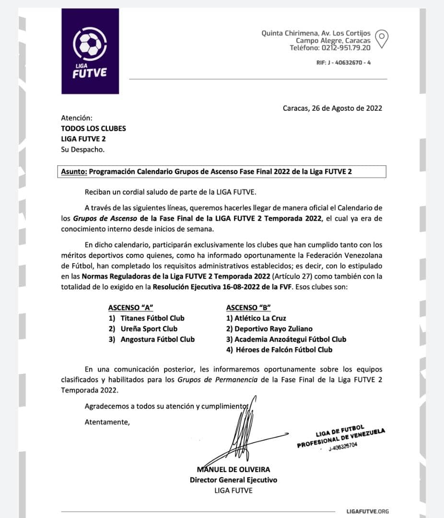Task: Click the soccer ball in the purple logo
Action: (x=90, y=45)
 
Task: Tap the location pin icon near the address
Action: (x=381, y=39)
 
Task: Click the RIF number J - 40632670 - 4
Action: (x=343, y=63)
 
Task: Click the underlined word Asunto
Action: (x=74, y=171)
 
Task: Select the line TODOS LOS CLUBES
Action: (x=93, y=128)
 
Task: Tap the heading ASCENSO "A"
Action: (x=130, y=307)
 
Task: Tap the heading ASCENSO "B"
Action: (x=248, y=307)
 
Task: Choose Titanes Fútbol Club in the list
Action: (x=152, y=318)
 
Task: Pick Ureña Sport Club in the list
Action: (x=149, y=329)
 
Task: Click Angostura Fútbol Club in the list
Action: (x=158, y=339)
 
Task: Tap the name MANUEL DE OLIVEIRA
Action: (x=234, y=469)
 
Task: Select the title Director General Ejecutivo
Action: (x=234, y=480)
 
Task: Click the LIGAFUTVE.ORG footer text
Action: (x=367, y=511)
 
